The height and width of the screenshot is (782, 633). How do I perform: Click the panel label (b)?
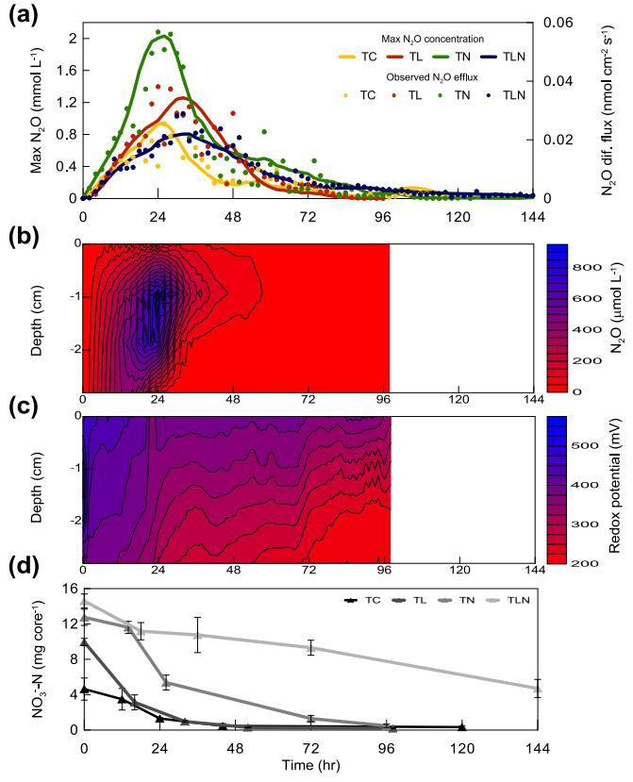click(21, 236)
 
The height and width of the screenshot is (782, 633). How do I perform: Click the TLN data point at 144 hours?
click(537, 689)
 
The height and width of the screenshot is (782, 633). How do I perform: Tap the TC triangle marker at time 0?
click(84, 690)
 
